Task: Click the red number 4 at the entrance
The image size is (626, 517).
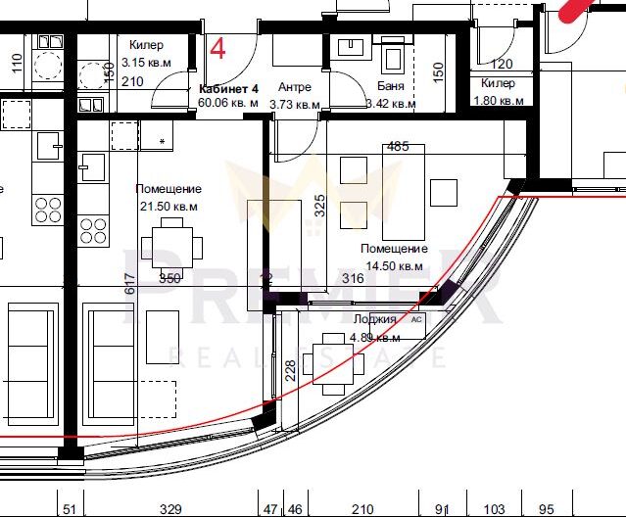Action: click(218, 47)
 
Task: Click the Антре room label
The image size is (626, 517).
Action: click(294, 87)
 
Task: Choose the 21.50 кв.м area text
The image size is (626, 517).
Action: click(169, 206)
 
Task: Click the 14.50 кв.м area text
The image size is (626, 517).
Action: click(394, 265)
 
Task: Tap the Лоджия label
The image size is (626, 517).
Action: click(373, 319)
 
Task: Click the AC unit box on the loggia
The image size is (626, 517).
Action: click(416, 319)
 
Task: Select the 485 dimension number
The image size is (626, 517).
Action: click(398, 146)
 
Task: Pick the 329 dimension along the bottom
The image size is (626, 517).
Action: click(170, 509)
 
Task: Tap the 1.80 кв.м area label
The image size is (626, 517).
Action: click(498, 100)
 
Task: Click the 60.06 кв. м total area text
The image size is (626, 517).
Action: click(228, 101)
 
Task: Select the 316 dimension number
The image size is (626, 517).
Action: click(352, 279)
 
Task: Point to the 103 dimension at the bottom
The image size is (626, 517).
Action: click(496, 509)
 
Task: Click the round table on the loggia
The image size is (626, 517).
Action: click(328, 364)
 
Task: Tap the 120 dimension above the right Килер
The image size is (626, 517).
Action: click(500, 65)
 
